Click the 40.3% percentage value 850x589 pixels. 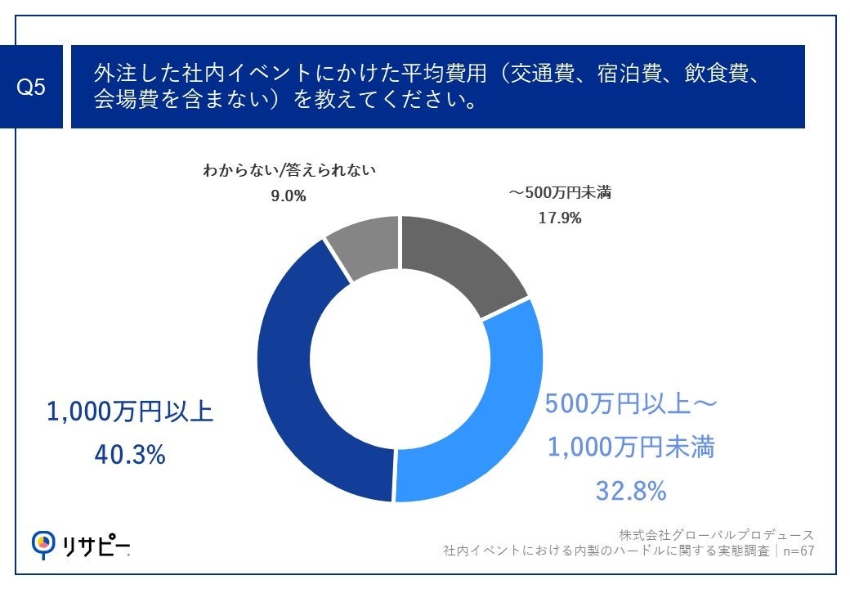pyautogui.click(x=130, y=454)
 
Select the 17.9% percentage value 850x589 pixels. pyautogui.click(x=559, y=218)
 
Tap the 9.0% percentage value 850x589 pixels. pyautogui.click(x=289, y=196)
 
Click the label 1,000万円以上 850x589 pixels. pyautogui.click(x=130, y=411)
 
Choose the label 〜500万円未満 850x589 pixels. pyautogui.click(x=559, y=194)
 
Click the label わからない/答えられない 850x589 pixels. pyautogui.click(x=289, y=171)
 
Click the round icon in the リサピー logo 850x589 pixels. pyautogui.click(x=42, y=542)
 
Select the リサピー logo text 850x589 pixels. pyautogui.click(x=96, y=545)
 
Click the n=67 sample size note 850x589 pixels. pyautogui.click(x=797, y=551)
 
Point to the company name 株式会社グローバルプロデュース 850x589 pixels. pyautogui.click(x=716, y=535)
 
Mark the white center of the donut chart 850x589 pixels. pyautogui.click(x=400, y=359)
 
